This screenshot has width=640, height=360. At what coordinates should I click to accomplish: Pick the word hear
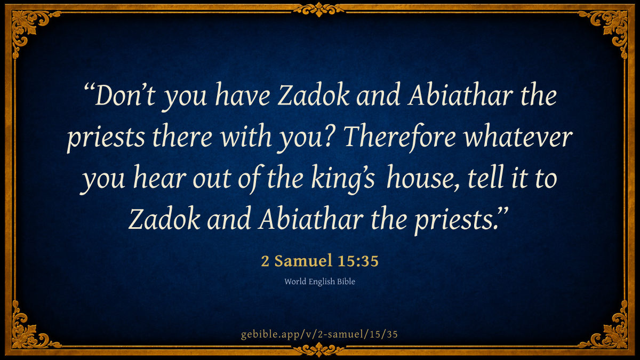point(159,178)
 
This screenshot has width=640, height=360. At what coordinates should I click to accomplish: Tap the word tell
point(486,178)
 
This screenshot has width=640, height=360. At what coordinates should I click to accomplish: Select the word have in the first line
point(243,94)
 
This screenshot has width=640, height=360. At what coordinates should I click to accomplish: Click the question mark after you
point(332,137)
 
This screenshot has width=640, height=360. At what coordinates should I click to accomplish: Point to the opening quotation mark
point(89,88)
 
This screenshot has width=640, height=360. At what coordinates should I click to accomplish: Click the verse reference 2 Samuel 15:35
point(319,261)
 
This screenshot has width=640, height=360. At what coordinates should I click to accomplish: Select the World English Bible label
point(319,282)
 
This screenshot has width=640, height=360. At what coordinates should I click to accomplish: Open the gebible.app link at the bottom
point(319,334)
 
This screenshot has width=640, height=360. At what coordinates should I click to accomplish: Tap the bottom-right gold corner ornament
point(608,330)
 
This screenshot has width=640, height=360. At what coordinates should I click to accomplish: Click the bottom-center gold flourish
point(319,350)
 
